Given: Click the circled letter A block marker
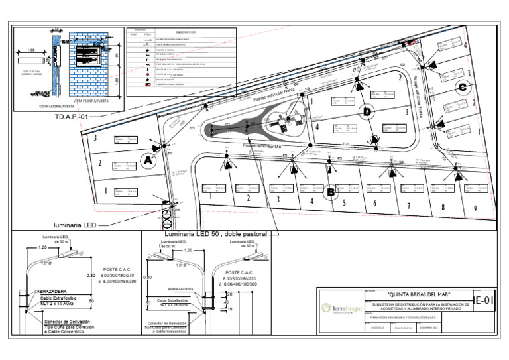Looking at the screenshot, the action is [x=148, y=160].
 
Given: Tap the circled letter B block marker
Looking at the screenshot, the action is [x=329, y=193].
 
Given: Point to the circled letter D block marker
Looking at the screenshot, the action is [x=366, y=112].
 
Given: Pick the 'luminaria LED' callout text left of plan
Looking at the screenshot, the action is [x=76, y=225].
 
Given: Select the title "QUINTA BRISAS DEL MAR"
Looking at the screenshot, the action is [x=418, y=293].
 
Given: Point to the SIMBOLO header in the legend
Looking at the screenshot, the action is [x=140, y=30].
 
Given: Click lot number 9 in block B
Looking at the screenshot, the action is [x=475, y=209].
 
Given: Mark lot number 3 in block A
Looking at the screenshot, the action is [x=96, y=138].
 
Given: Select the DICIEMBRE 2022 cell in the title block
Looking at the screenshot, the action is [x=431, y=328].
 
